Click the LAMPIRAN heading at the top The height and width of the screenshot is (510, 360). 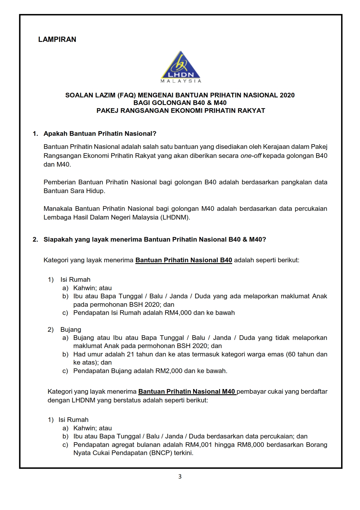point(57,40)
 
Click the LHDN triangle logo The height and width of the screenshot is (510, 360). point(181,65)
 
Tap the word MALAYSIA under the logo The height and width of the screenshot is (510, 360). point(181,81)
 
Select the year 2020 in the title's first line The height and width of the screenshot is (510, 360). point(287,95)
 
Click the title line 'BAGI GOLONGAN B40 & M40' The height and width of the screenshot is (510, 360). point(180,103)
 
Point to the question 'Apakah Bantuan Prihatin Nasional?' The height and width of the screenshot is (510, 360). point(100,134)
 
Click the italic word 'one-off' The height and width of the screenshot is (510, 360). point(251,156)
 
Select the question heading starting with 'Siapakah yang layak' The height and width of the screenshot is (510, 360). point(155,240)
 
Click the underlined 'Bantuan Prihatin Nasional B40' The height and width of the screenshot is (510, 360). point(184,260)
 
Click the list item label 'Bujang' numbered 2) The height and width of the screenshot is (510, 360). point(71,330)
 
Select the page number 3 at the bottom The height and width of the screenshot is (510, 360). point(180,477)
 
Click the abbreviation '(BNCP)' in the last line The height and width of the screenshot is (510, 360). point(161,453)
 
